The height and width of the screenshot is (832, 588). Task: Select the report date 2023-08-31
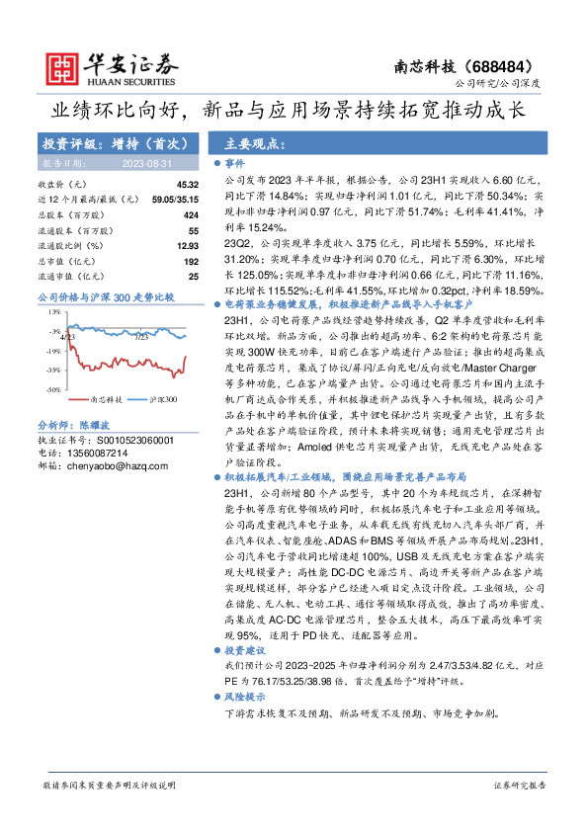coord(147,163)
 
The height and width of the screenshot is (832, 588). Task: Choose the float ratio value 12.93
coord(188,245)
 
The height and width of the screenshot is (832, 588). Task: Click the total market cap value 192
coord(191,260)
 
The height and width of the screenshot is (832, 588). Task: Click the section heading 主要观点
coord(247,142)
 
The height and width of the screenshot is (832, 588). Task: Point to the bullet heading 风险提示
coord(241,697)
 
